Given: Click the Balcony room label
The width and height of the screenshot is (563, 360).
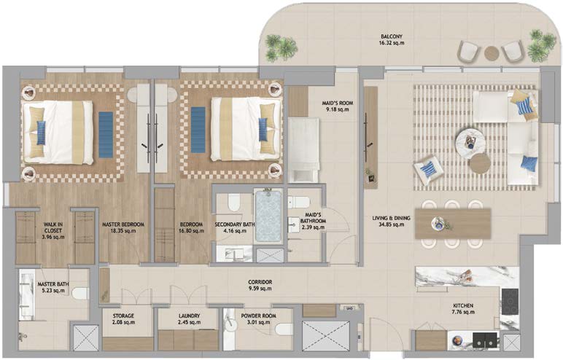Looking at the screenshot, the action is pos(392,39).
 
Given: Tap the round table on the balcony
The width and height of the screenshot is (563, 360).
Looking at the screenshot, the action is pos(492,53).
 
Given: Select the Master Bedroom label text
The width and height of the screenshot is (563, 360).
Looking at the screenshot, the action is pos(123,227).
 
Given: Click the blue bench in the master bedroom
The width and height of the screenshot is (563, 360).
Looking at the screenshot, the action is pos(106,135).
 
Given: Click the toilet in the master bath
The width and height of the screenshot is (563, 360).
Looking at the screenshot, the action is pos(79,293).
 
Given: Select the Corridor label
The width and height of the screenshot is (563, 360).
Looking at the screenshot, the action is pos(260,286).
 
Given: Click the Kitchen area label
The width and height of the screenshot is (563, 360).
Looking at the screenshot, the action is pos(463,309).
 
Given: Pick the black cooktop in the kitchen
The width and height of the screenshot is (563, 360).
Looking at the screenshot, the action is pos(510,302).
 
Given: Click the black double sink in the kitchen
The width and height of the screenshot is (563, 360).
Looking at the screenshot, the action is pos(486,339).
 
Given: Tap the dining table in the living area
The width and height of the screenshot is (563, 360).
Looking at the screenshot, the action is pos(453,223).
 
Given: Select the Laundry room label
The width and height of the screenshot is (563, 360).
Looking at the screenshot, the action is pos(189,319).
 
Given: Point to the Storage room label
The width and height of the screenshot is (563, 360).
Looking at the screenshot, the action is pos(123,319).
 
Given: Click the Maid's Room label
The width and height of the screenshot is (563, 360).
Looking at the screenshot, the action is pos(338,106).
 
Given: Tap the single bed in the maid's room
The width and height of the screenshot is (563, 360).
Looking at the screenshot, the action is pos(304,151).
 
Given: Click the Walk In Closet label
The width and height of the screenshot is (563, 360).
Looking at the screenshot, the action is pos(53,231).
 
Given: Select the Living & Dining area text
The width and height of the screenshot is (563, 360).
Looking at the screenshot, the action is pos(391,221).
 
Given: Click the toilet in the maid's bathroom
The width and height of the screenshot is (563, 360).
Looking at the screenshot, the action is pos(299,202).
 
